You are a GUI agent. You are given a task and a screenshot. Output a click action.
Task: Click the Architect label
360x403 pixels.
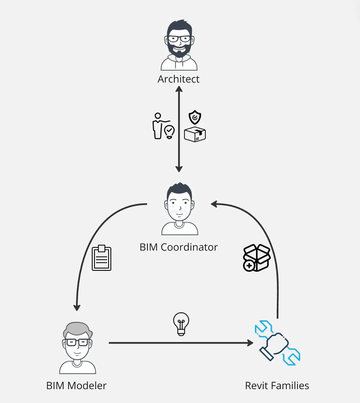[178, 79]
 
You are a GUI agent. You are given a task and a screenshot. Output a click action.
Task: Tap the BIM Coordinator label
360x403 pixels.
[178, 247]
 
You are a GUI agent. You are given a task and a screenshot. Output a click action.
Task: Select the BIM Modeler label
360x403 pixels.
[76, 386]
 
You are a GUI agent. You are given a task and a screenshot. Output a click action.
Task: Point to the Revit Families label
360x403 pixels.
[277, 386]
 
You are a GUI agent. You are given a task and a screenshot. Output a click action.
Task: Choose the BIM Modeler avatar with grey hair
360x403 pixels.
[77, 348]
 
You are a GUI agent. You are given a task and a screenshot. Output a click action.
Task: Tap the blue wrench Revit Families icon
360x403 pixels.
[277, 343]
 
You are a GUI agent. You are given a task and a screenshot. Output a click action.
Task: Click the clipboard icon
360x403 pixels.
[102, 258]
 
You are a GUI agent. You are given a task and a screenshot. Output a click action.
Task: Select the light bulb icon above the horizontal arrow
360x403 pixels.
[181, 324]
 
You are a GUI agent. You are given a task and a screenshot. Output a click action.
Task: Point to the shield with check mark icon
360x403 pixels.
[195, 117]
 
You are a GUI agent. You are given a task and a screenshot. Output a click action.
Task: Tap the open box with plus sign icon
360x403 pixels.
[256, 258]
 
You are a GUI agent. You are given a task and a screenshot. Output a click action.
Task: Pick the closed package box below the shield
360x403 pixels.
[195, 134]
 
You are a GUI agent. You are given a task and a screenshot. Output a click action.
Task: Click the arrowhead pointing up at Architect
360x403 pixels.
[179, 89]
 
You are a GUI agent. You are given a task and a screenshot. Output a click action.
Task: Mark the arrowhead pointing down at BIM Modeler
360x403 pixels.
[77, 307]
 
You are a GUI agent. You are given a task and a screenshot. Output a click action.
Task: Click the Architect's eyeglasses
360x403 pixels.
[179, 39]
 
